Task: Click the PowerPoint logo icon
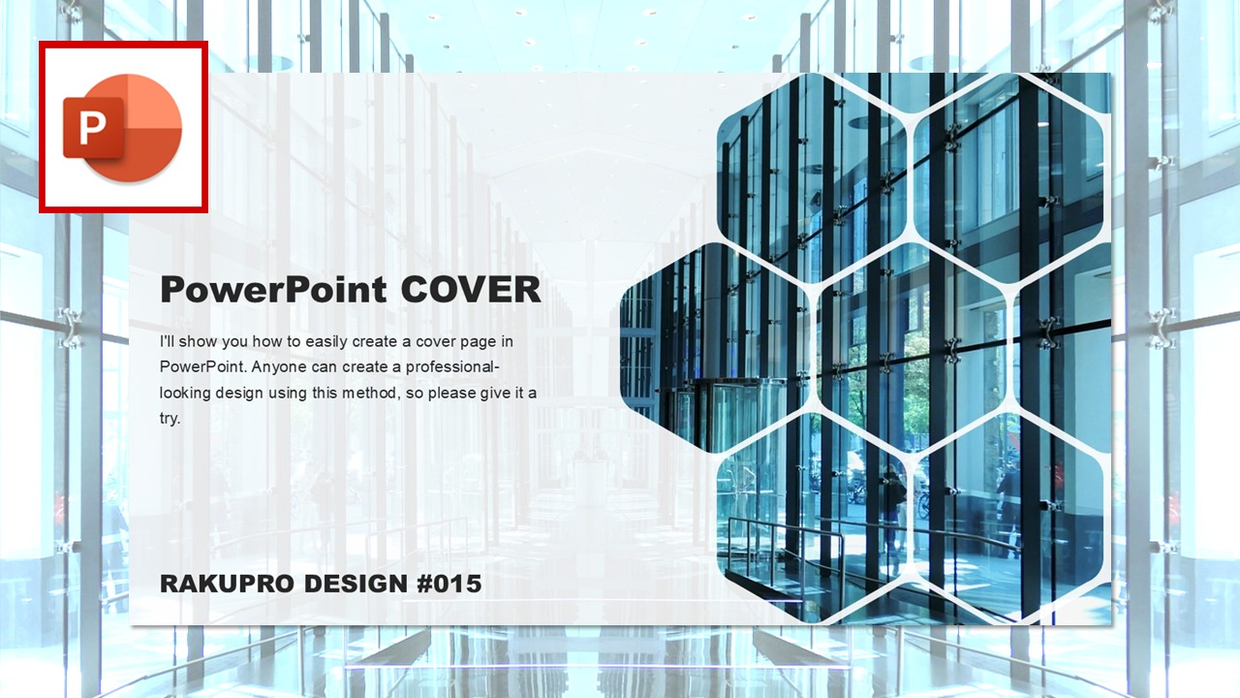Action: pos(123,127)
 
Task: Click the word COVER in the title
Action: pos(471,289)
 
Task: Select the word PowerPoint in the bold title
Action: pos(273,290)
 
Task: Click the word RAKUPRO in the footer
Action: pos(227,584)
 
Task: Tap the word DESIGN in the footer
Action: pos(356,584)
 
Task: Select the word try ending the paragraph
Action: pos(170,419)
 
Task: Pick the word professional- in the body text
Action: pos(452,367)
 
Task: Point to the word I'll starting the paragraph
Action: pos(167,341)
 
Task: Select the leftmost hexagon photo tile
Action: pos(715,348)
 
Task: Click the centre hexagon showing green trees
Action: pos(912,348)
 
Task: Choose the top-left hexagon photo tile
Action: pos(812,178)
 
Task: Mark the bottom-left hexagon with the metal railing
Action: pos(812,519)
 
